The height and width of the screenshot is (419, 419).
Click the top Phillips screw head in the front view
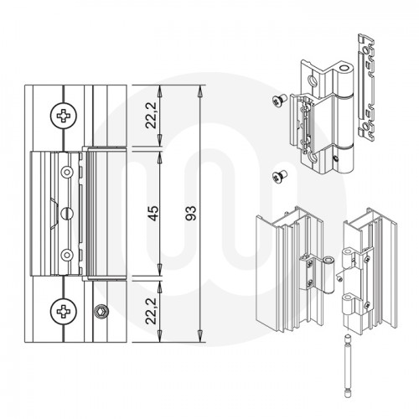coord(64,116)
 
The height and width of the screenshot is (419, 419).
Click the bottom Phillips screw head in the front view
coord(64,312)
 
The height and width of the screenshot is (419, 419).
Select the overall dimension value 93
coord(191,213)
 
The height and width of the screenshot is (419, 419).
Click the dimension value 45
coord(153,213)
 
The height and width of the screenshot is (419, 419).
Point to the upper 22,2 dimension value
coord(151,116)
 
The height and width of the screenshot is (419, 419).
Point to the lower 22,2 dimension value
coord(151,311)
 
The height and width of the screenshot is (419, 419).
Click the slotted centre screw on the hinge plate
coord(67,214)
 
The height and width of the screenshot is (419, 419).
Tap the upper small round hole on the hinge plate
coord(67,172)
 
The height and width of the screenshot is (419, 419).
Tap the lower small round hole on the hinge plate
coord(67,255)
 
